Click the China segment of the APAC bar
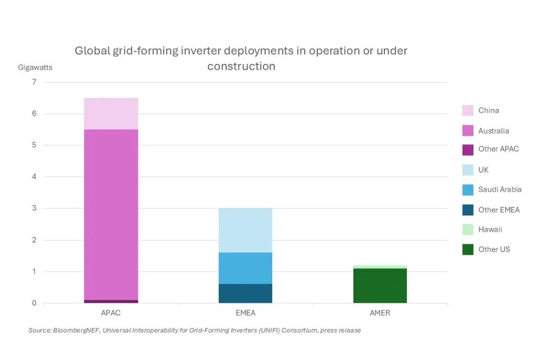coord(111,113)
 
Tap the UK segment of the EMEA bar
coord(245,230)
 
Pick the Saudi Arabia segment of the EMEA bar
coord(245,268)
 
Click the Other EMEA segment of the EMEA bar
coord(245,293)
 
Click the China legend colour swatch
coord(467,111)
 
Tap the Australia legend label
coord(493,131)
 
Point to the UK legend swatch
coord(467,170)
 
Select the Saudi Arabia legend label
coord(500,190)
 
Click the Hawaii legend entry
coord(490,230)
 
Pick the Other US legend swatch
coord(467,249)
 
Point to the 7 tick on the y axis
coord(34,82)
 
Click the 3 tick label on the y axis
coord(34,208)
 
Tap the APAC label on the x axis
coord(111,313)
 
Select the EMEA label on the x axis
coord(245,313)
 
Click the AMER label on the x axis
coord(380,313)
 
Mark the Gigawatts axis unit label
coord(35,67)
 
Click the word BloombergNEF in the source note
coord(73,331)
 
